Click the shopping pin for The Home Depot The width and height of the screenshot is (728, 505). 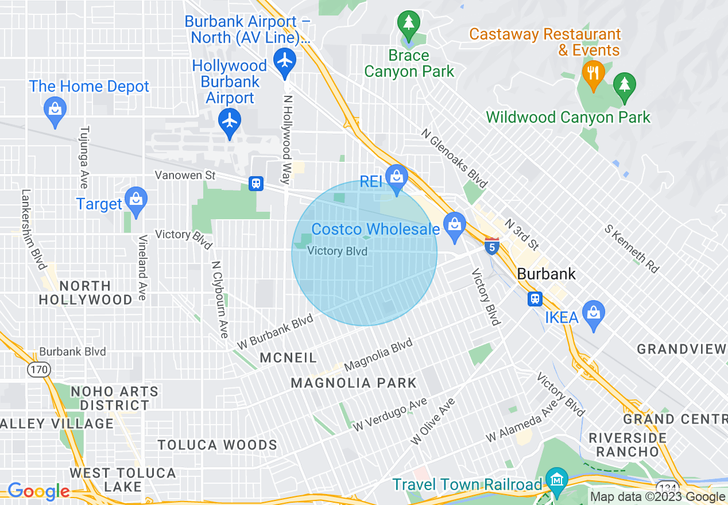click(x=55, y=107)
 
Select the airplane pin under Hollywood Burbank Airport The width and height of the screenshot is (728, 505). click(x=230, y=121)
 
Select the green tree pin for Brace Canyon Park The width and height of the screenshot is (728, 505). click(x=408, y=24)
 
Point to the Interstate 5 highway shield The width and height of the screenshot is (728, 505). click(x=491, y=246)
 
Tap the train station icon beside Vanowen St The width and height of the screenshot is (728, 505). click(x=256, y=184)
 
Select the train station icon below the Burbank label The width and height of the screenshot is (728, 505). click(x=535, y=298)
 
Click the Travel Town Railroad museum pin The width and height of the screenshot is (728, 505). click(x=556, y=480)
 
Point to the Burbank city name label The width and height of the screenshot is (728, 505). click(x=546, y=274)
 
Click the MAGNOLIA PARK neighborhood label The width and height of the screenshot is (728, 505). click(x=353, y=383)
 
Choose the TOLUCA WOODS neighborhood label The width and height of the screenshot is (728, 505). click(x=217, y=445)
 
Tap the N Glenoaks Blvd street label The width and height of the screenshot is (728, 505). click(x=454, y=158)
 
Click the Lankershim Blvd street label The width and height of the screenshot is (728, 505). click(x=34, y=230)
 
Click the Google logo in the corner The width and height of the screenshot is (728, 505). click(x=38, y=491)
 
